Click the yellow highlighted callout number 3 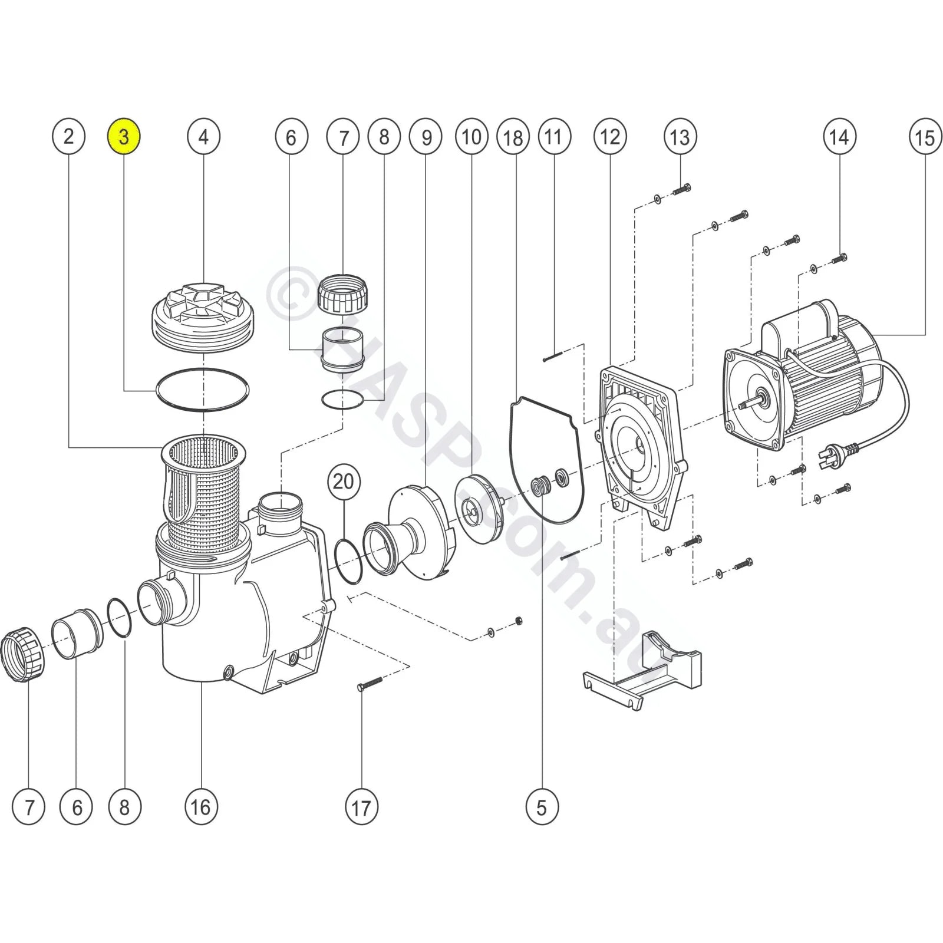click(124, 137)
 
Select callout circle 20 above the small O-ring click(344, 481)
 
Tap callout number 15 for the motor click(924, 137)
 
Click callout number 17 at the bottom click(361, 807)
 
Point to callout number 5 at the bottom click(542, 807)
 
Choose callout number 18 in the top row click(513, 137)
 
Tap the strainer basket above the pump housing click(203, 489)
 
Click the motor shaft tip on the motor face click(746, 405)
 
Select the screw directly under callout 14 click(840, 258)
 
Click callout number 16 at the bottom click(201, 807)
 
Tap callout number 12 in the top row click(609, 137)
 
